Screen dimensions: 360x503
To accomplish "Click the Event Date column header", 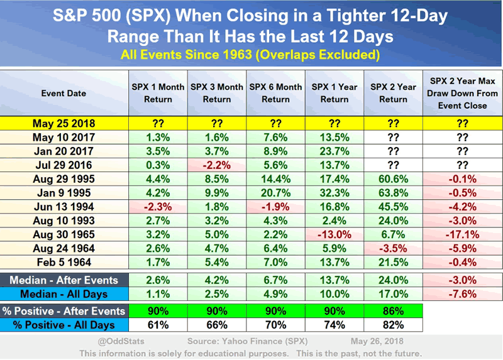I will coord(64,93).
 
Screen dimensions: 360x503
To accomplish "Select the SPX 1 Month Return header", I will coord(158,92).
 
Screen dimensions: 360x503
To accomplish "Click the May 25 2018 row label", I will coord(64,124).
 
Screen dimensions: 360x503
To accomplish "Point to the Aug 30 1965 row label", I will coord(64,234).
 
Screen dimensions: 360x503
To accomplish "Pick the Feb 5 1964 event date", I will coord(64,262).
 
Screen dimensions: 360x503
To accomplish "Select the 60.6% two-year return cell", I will coord(394,179).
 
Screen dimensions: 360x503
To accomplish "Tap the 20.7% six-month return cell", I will coord(275,193).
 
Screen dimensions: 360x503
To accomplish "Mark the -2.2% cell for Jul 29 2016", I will coord(217,165).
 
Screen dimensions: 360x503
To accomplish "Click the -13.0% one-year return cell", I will coord(334,234).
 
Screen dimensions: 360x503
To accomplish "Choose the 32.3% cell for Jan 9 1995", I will coord(334,193).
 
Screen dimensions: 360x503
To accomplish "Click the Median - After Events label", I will coord(64,280).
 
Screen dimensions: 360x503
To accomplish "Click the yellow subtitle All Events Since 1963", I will coord(251,55).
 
